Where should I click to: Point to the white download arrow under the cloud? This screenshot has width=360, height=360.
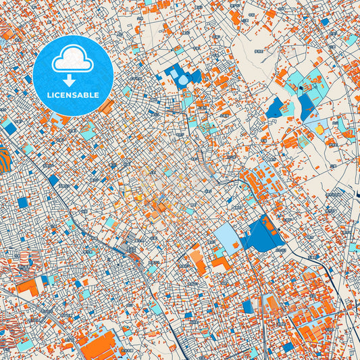point(74,80)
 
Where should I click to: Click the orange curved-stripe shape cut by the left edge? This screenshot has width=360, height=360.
point(4,156)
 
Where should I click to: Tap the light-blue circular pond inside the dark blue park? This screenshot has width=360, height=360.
point(183,80)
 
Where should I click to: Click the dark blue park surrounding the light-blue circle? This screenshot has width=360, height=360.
point(173,73)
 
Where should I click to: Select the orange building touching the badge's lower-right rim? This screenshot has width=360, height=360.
point(107,107)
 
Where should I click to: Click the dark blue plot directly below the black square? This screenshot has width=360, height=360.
point(306,106)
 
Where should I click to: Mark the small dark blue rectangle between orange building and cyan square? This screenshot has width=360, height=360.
point(45,280)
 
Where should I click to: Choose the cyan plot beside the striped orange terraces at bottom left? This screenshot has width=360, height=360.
point(24,345)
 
